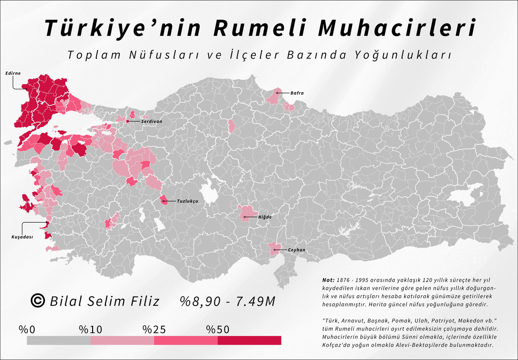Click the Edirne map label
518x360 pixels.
pos(13,73)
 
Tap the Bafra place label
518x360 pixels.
pos(297,93)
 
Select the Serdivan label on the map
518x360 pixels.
pos(152,121)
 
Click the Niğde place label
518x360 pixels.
pos(265,217)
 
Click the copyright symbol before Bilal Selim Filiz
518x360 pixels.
pos(38,301)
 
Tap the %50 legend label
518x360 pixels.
pos(218,329)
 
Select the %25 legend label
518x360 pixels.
pos(154,329)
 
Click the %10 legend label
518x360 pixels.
pos(90,329)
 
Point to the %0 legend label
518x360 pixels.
pos(27,329)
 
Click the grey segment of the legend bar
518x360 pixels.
pos(58,340)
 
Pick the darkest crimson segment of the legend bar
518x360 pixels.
pos(250,340)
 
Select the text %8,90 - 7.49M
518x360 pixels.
pos(228,301)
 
